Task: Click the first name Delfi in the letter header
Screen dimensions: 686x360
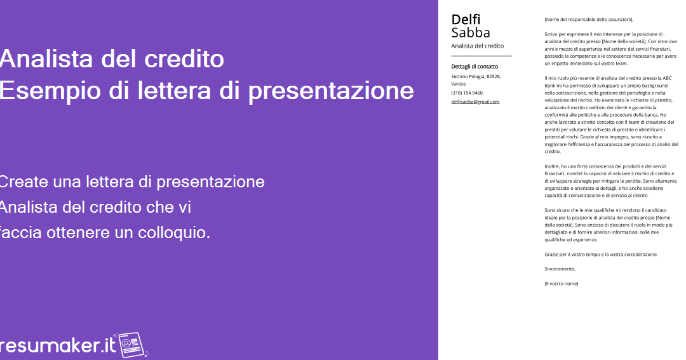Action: click(x=466, y=19)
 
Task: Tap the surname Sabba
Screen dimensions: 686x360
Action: click(x=470, y=33)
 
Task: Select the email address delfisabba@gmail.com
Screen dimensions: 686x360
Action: click(x=475, y=102)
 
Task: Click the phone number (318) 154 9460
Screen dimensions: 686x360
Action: click(x=467, y=93)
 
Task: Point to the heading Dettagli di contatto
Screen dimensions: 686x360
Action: click(x=474, y=67)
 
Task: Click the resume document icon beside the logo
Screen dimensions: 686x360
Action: click(x=131, y=345)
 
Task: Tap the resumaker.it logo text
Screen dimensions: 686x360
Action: click(x=57, y=345)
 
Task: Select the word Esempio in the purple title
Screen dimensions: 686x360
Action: click(x=50, y=91)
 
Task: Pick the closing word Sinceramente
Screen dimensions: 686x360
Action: click(x=560, y=269)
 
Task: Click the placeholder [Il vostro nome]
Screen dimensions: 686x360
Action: click(x=562, y=283)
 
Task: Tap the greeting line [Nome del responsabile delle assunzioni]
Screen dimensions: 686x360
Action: click(x=589, y=19)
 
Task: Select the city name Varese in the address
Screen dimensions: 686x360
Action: click(x=459, y=84)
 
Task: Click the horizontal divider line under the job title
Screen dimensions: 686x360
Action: click(x=481, y=56)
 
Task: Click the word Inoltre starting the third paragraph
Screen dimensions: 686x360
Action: click(x=552, y=166)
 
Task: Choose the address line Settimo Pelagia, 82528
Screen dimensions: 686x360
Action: click(x=476, y=77)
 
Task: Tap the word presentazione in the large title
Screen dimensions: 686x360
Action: click(x=331, y=91)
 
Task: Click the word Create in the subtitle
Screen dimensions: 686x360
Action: click(x=24, y=182)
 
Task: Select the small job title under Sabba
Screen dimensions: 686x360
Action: click(x=477, y=46)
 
